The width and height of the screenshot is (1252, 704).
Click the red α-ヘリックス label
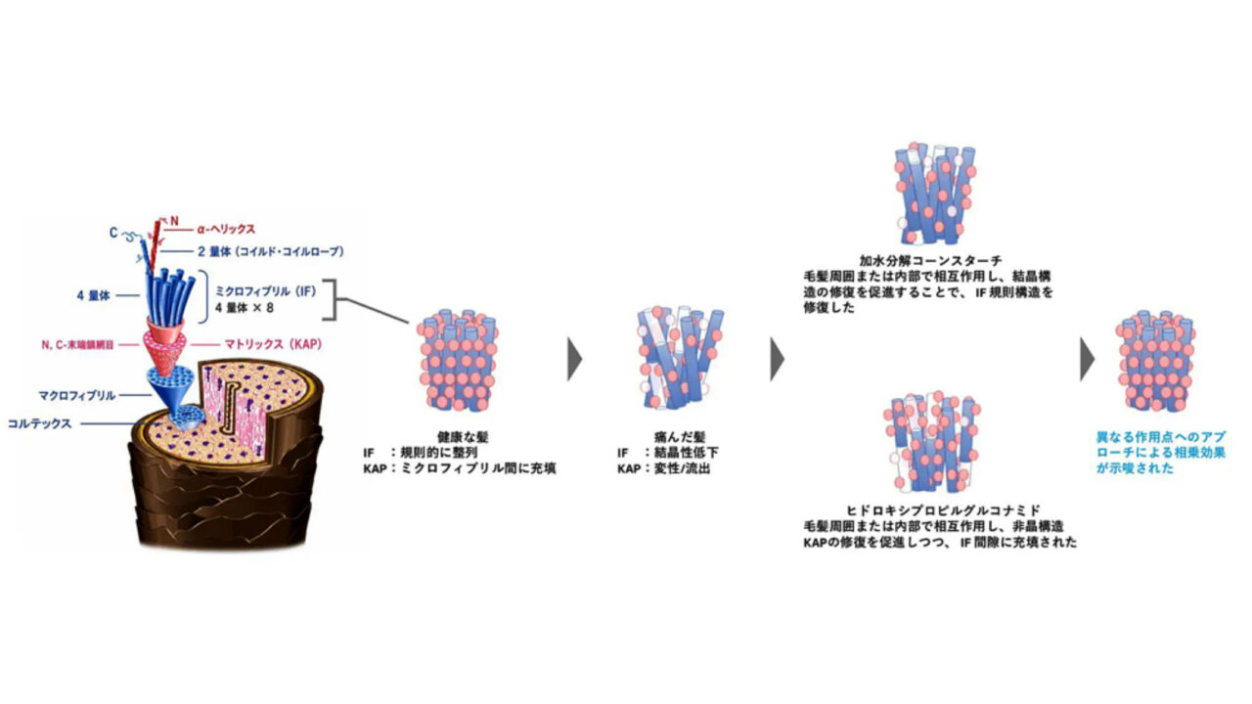pos(226,229)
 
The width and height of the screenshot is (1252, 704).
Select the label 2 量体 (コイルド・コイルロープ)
pos(271,252)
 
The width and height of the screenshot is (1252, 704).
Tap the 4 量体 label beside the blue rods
pos(93,295)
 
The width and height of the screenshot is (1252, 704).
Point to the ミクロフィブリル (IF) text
pos(265,291)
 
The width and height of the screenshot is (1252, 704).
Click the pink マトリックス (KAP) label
pos(273,344)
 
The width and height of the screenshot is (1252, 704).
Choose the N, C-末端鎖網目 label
pos(77,345)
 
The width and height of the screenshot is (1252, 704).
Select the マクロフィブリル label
pos(77,396)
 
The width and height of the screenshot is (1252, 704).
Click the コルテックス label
pos(40,424)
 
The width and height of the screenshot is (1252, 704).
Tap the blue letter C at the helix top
pos(113,233)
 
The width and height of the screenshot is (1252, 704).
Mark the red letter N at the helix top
pos(174,221)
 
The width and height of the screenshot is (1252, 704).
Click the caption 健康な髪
pos(463,437)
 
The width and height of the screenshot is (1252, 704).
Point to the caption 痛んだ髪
pos(680,437)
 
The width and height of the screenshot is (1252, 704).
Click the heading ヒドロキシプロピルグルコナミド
pos(944,510)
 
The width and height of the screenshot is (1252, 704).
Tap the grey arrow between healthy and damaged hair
pos(574,359)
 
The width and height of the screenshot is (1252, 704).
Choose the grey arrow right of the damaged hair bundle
pos(777,359)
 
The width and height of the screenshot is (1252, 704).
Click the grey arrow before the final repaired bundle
pos(1087,359)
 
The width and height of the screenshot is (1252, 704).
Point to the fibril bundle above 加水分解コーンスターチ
pos(934,194)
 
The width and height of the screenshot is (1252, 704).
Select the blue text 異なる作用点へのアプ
pos(1161,437)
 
